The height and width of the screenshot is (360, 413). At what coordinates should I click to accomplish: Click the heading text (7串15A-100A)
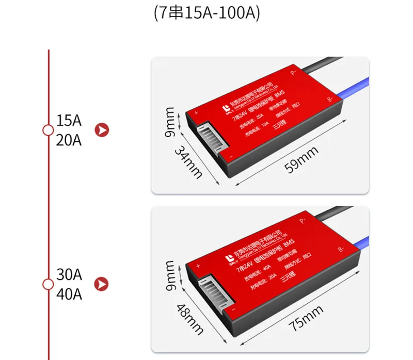click(x=206, y=13)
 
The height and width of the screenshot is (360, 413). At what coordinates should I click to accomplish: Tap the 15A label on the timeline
click(x=69, y=121)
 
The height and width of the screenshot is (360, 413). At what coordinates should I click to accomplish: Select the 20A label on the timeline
click(x=69, y=139)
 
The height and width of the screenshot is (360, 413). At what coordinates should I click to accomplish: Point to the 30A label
click(x=69, y=274)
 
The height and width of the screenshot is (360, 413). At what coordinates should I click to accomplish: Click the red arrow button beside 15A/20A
click(x=103, y=129)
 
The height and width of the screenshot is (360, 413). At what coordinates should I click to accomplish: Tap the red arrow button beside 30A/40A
click(x=103, y=283)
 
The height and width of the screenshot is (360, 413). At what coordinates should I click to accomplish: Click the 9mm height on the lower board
click(x=171, y=276)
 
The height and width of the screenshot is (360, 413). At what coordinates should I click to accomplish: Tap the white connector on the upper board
click(x=209, y=139)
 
